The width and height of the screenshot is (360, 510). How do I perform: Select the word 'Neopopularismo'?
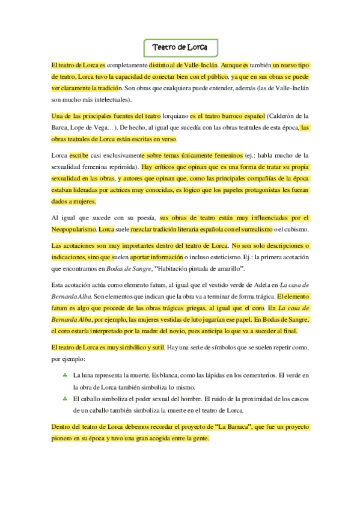74,230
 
